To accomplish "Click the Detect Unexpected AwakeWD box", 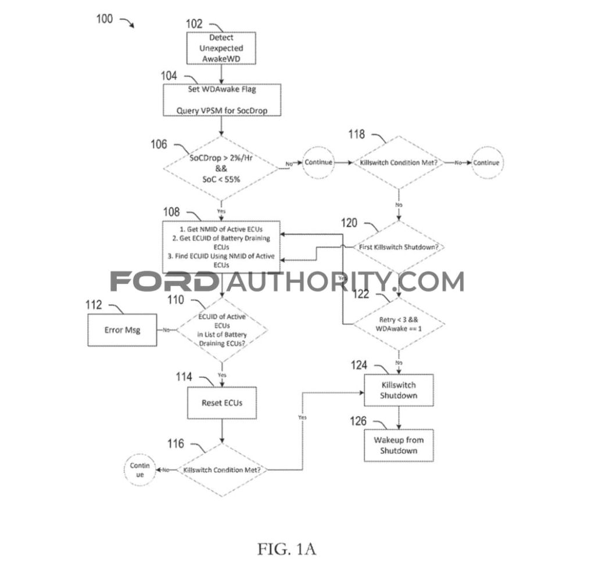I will coord(221,48).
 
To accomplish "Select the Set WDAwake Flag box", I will coord(221,100).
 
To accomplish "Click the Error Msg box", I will coord(122,330).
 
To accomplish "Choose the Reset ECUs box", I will coord(221,403).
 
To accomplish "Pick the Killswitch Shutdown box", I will coord(399,390).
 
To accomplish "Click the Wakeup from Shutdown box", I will coord(399,445).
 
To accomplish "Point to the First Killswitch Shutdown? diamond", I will coord(399,247).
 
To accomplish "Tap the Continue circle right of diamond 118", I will coord(486,163).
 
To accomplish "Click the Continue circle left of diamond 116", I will coord(139,470).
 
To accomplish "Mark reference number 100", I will coord(105,19).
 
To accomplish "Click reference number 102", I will coord(194,24).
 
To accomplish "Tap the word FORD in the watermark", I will coord(164,281).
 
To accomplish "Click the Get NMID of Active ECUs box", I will coord(221,246).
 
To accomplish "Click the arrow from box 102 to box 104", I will coord(221,74).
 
